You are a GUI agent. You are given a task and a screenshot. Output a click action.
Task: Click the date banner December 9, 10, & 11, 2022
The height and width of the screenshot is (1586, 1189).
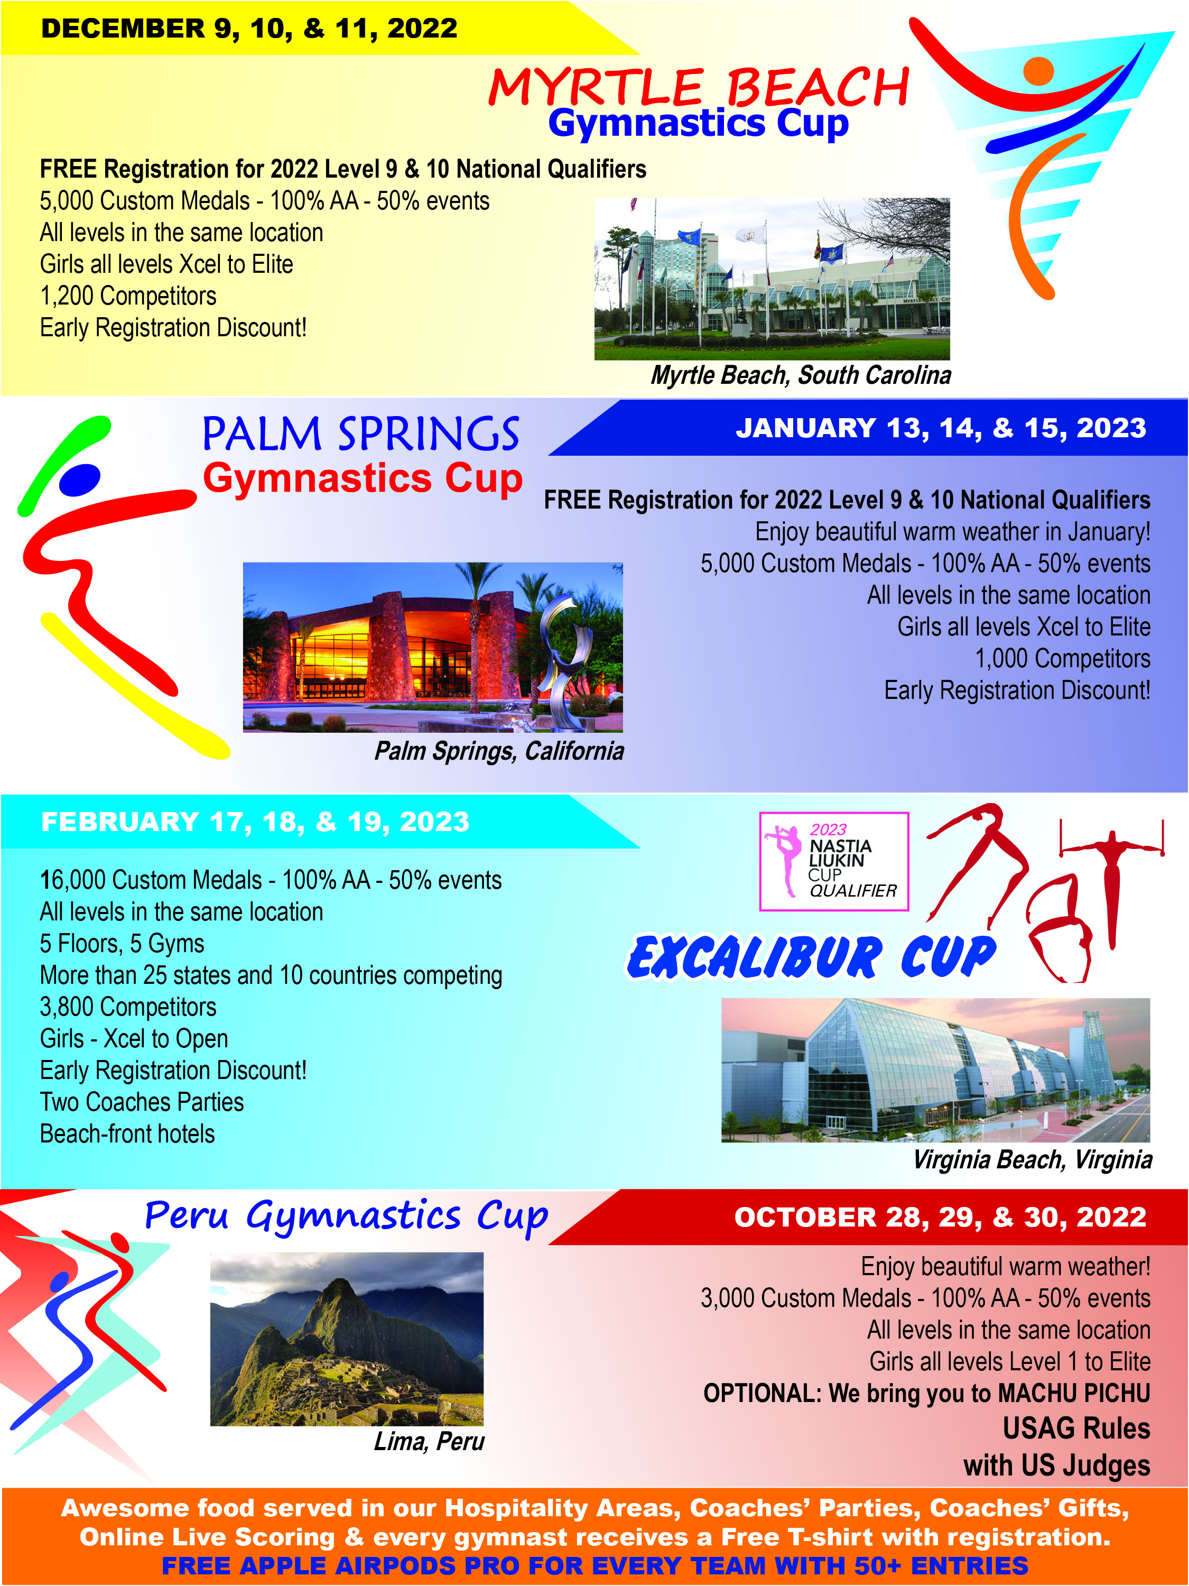point(249,29)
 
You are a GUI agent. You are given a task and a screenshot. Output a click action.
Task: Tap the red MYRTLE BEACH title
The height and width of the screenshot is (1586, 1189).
point(699,87)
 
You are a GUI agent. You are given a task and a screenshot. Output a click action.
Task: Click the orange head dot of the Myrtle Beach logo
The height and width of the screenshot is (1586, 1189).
point(1038,71)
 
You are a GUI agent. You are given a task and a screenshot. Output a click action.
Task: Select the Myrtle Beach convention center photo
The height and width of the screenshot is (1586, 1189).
point(772,279)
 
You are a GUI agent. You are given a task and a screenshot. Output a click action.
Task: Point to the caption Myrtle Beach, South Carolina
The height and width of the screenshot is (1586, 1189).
point(801,375)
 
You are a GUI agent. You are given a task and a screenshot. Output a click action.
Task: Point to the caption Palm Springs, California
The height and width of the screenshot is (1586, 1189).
point(499,751)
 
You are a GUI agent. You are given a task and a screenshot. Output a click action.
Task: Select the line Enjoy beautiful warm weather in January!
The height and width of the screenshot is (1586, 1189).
point(952,532)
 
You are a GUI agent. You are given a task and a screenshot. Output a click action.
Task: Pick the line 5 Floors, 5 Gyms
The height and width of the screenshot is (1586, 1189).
point(122,944)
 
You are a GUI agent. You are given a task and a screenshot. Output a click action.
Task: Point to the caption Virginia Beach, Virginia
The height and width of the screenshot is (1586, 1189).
point(1032,1159)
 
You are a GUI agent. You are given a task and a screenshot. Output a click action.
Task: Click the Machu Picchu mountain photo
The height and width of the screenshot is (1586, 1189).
point(347,1339)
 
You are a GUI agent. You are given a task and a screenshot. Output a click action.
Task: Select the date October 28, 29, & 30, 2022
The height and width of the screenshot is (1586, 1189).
point(940,1218)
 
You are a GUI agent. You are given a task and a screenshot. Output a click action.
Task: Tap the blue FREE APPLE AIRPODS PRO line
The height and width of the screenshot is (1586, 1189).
point(595,1566)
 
